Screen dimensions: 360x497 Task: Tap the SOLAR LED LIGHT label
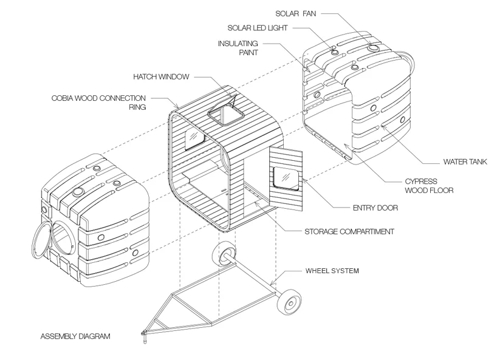[x=258, y=28]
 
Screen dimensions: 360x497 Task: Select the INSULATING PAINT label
[x=238, y=47]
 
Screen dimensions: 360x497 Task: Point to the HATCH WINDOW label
[x=161, y=76]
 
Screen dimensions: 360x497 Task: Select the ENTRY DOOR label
[x=375, y=208]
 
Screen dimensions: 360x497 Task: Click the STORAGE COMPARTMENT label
[x=349, y=231]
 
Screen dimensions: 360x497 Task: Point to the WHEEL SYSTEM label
[x=332, y=271]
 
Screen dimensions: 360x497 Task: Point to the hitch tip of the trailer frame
[x=145, y=333]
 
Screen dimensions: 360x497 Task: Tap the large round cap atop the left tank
[x=78, y=191]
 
